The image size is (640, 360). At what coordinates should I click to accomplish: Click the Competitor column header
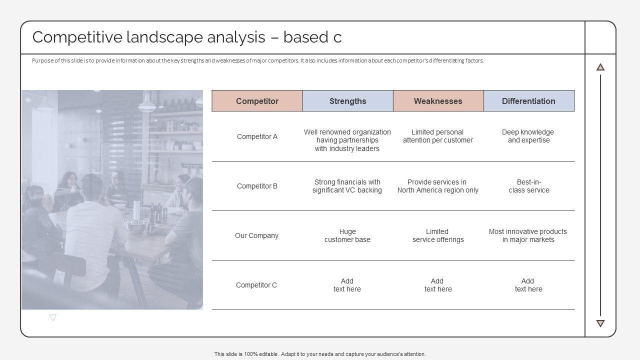(257, 101)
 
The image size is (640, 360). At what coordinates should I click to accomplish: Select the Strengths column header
(347, 101)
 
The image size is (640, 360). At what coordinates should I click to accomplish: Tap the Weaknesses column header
(438, 101)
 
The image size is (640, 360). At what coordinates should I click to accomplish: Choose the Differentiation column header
(528, 101)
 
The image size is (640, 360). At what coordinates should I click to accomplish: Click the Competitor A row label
(257, 136)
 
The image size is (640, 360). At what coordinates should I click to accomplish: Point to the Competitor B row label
(257, 186)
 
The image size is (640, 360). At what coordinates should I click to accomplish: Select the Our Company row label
(256, 235)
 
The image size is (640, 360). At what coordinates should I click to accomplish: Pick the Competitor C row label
(256, 285)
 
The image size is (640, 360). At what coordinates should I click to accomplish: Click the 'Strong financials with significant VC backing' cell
(347, 186)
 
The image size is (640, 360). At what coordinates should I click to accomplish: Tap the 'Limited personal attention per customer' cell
(438, 136)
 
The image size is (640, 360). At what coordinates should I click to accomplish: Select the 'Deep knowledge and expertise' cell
(528, 136)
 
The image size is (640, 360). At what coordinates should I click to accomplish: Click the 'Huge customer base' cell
(347, 235)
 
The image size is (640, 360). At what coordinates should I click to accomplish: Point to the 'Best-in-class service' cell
(529, 186)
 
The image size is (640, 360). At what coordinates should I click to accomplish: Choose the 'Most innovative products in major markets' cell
(528, 235)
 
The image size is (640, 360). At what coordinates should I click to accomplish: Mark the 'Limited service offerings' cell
(438, 235)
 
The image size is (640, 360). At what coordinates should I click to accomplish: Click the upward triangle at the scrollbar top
(600, 67)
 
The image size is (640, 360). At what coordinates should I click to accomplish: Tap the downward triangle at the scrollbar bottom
(600, 323)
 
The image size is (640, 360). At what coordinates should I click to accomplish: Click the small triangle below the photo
(52, 317)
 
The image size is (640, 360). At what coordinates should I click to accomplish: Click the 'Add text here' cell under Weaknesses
(438, 285)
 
